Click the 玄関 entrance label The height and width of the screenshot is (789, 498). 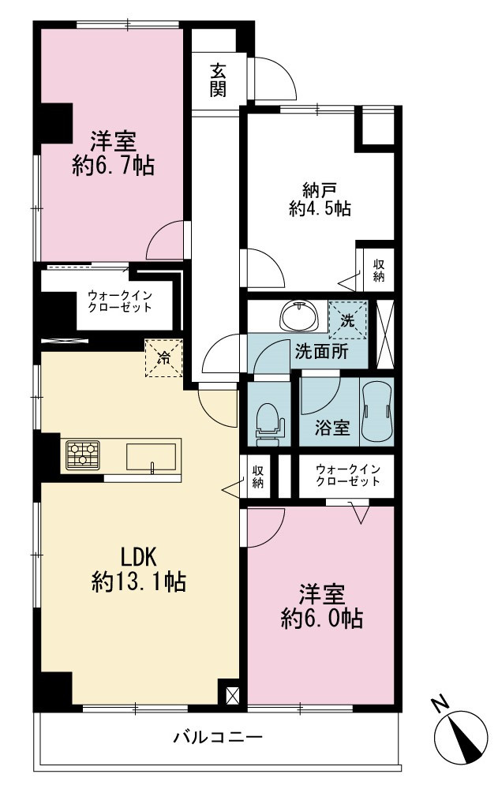pos(218,80)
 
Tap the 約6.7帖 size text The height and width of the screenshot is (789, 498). pos(113,166)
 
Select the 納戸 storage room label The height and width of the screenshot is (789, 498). pos(320,189)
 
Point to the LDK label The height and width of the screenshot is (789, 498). pos(138,557)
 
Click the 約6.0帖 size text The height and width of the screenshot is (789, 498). pos(321,619)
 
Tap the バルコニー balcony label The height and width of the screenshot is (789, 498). pos(218,738)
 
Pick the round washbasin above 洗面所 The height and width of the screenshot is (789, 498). pos(300,316)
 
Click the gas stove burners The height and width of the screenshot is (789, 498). pos(83,455)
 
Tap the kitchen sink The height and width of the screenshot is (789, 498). pos(151,457)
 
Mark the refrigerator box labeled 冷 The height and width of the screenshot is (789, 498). pos(163,357)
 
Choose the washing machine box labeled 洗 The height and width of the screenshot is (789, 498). pos(347,320)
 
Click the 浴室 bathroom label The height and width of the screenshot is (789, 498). pos(332,428)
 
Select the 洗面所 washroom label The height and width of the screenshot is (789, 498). pos(321,351)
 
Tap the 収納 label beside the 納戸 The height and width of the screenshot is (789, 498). pos(379,270)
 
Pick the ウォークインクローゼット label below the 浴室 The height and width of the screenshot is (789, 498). pos(348,475)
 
